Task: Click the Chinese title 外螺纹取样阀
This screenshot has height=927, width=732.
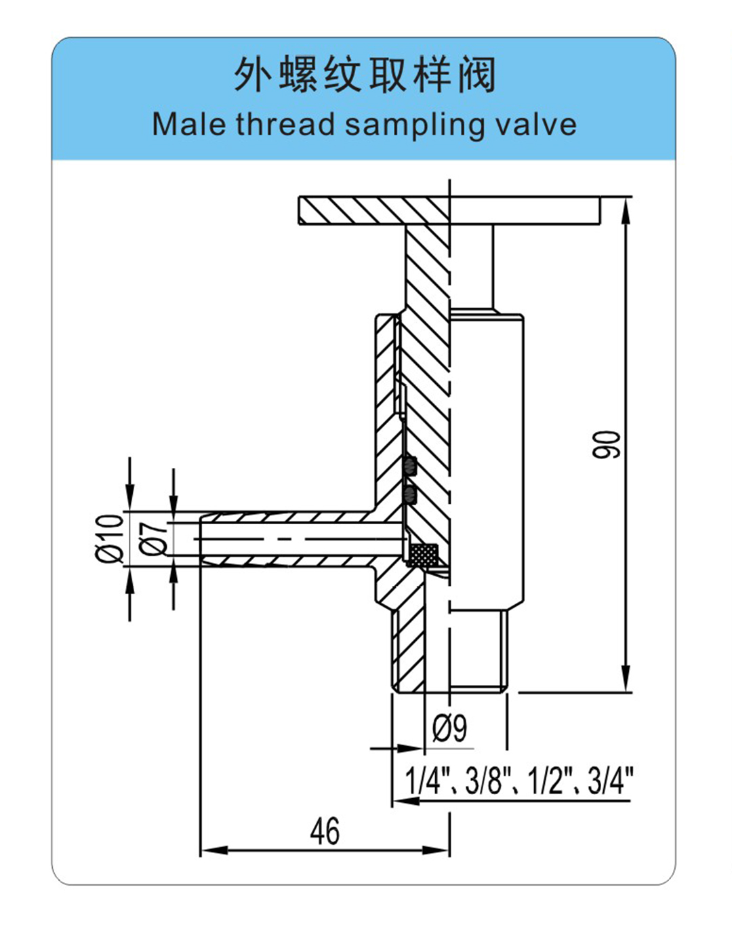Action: pos(365,76)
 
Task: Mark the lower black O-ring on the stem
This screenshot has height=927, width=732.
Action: pos(410,496)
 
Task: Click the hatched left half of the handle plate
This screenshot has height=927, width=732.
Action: pos(373,211)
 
